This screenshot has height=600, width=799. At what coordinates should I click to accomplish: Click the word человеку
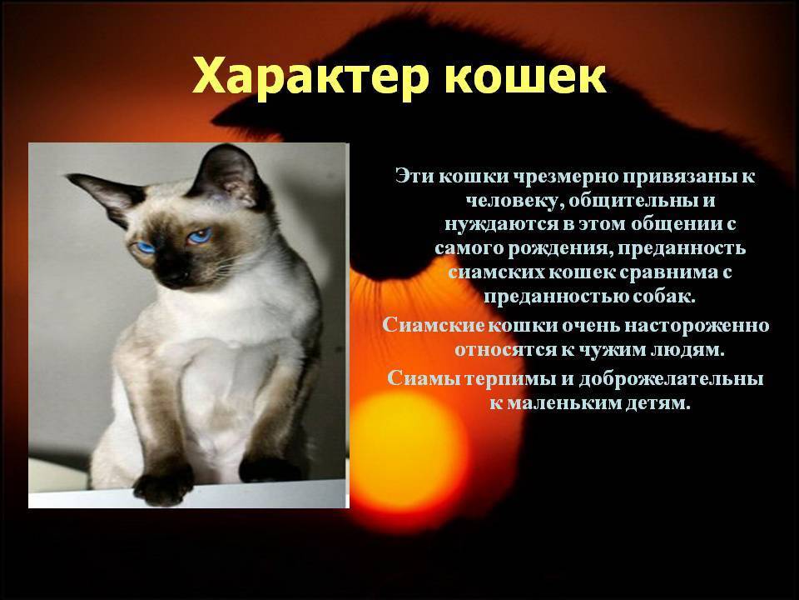pos(514,201)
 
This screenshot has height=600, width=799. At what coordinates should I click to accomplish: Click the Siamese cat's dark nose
pos(173,274)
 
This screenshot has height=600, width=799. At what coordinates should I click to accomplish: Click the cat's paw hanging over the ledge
pos(162,488)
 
